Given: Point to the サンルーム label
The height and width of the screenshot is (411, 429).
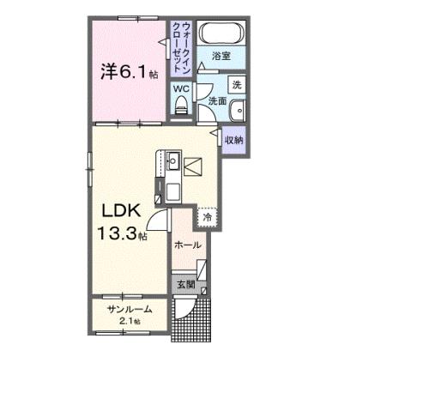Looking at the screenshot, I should tap(130, 310).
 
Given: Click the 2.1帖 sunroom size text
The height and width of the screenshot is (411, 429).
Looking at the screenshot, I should tap(130, 321).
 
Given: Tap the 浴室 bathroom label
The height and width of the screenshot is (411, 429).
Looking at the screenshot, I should tap(221, 56).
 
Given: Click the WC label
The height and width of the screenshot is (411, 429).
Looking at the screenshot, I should tap(181, 88).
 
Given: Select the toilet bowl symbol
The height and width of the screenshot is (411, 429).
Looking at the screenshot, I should tap(180, 106).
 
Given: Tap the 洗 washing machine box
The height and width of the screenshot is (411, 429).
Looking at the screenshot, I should tap(236, 84).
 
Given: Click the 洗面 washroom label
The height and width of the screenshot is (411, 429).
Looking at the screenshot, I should tap(216, 101).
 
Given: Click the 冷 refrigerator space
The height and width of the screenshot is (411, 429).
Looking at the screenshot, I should tap(207, 218).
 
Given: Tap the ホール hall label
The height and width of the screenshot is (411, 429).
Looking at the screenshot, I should tap(187, 245).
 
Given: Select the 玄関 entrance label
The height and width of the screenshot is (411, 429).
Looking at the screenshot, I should tap(185, 283).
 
